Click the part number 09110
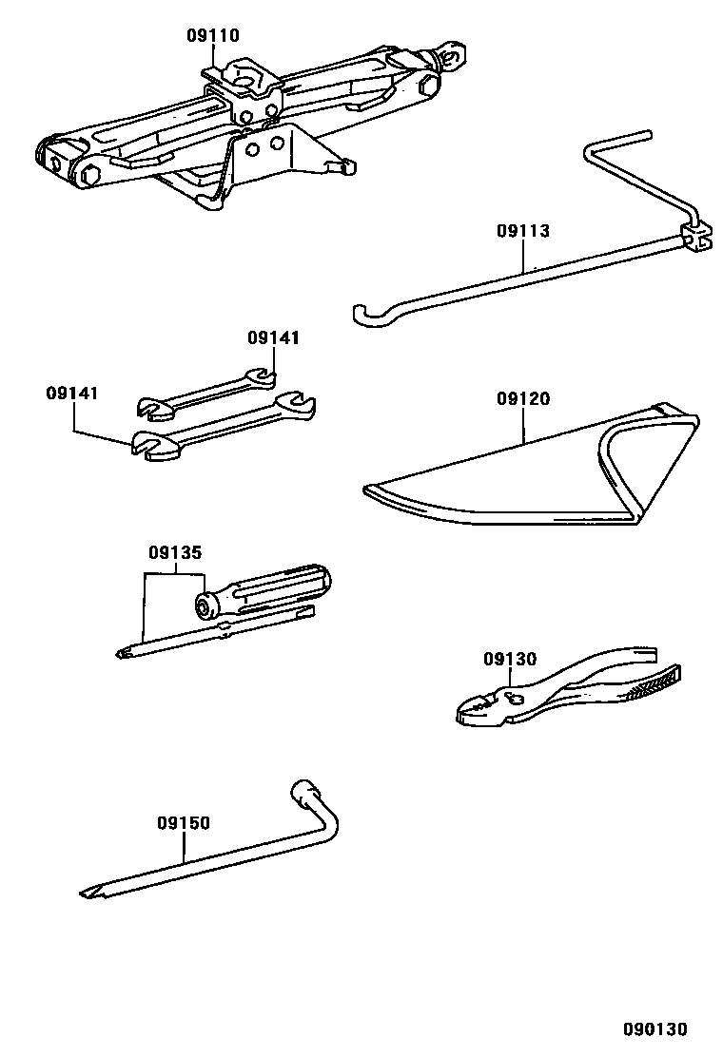click(x=212, y=36)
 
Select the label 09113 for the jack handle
click(x=522, y=231)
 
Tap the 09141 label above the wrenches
click(x=273, y=337)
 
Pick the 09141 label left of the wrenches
click(x=72, y=393)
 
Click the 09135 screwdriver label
click(x=174, y=552)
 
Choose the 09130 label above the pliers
click(x=509, y=659)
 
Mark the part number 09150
click(x=184, y=823)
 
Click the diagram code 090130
click(x=655, y=1029)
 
